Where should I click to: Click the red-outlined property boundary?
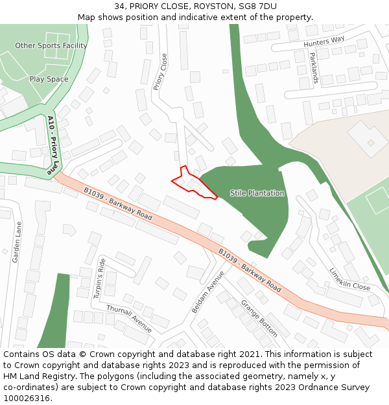[x=193, y=183]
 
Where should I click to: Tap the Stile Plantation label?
[x=257, y=193]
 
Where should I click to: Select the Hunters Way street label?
[x=324, y=42]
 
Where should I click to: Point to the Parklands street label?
[x=314, y=68]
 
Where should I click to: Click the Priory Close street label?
[x=159, y=71]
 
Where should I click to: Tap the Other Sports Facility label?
[x=51, y=46]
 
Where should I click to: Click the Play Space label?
[x=49, y=79]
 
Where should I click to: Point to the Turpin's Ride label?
[x=100, y=277]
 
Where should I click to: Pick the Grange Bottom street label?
[x=259, y=318]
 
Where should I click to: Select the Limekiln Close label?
[x=349, y=279]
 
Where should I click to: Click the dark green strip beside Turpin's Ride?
[x=55, y=311]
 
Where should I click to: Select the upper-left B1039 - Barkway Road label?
[x=118, y=203]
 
